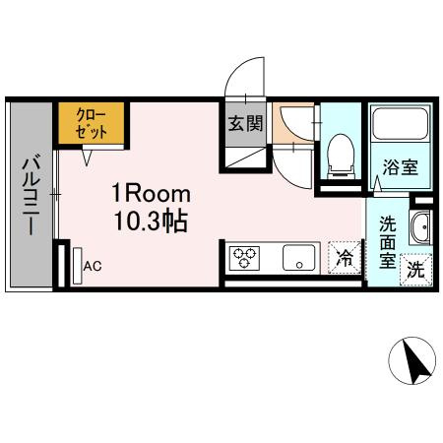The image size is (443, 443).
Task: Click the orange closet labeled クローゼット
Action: [x=90, y=123]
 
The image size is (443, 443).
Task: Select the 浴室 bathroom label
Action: [x=401, y=166]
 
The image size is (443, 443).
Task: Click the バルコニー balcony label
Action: [x=31, y=194]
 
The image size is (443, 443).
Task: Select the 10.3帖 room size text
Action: [x=149, y=222]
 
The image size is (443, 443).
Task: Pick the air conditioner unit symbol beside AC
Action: [x=75, y=265]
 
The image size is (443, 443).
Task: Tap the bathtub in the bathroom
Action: [x=400, y=126]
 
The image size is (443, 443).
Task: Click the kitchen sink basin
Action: [x=295, y=259]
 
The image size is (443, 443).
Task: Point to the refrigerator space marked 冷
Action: [x=346, y=259]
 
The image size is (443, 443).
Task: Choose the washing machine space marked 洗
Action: [x=415, y=268]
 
